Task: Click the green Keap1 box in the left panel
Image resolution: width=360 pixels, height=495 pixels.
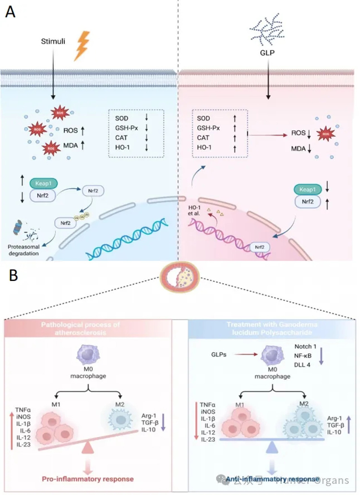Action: (44, 184)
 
